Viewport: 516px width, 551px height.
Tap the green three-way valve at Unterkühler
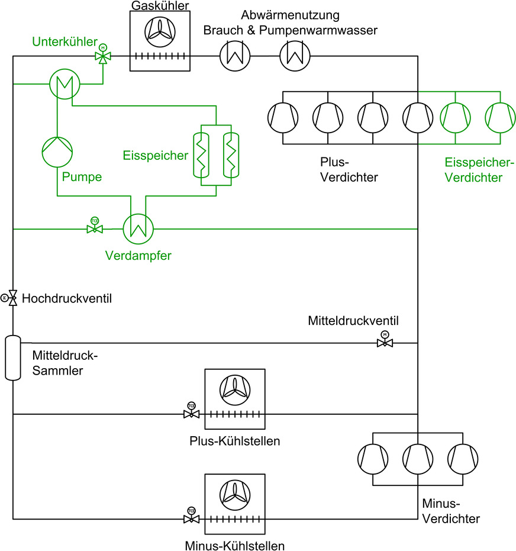103,57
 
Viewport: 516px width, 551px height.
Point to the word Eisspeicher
156,156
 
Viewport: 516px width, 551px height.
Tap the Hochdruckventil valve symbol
13,298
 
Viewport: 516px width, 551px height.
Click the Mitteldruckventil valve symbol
385,343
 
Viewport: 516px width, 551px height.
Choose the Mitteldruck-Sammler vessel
13,357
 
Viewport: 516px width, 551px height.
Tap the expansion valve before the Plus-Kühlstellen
191,414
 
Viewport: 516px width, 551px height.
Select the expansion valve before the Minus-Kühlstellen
191,519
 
